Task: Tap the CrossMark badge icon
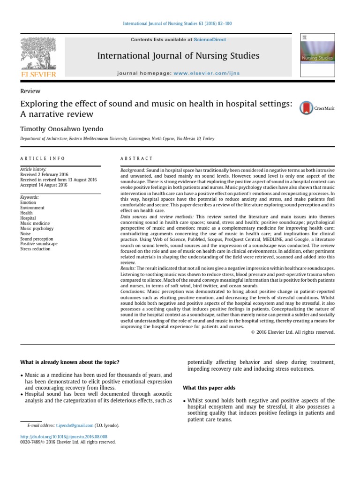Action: click(x=306, y=108)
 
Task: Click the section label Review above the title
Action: click(x=30, y=91)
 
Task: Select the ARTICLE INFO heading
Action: click(x=43, y=158)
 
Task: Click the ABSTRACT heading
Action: click(x=136, y=158)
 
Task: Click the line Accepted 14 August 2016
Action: click(x=44, y=185)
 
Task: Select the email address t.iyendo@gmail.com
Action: click(x=75, y=426)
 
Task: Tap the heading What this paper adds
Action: click(x=209, y=388)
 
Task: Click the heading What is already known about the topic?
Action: click(x=70, y=362)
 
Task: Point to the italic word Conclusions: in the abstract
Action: click(x=134, y=291)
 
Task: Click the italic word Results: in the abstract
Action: click(x=128, y=268)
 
